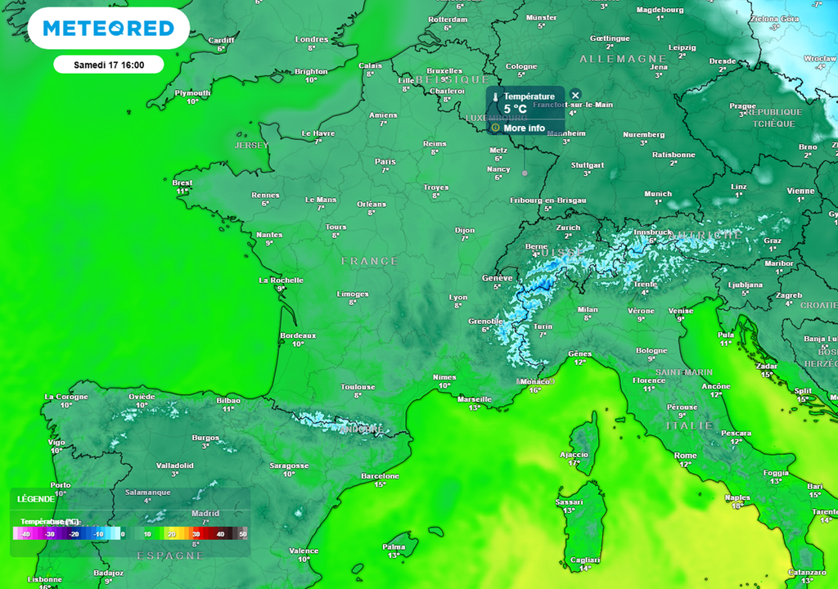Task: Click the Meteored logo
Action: [x=108, y=29]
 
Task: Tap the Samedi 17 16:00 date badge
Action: [x=108, y=65]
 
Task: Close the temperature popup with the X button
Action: [x=575, y=96]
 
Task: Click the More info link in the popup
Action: [x=524, y=128]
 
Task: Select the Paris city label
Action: [x=385, y=161]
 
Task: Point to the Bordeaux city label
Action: [x=298, y=335]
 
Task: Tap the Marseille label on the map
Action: [x=475, y=398]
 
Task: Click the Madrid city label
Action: [x=205, y=513]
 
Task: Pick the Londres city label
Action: [x=311, y=39]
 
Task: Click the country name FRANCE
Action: [x=369, y=261]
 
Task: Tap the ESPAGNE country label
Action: [x=170, y=555]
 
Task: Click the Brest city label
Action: [x=182, y=182]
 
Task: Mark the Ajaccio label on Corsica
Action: [x=574, y=455]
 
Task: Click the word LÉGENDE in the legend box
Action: [x=36, y=499]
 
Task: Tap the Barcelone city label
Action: [x=380, y=476]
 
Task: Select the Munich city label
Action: [x=658, y=194]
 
